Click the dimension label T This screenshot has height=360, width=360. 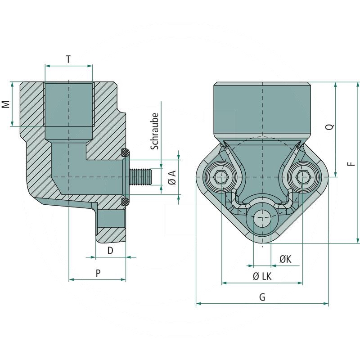pos(68,59)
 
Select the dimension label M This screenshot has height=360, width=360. pos(5,104)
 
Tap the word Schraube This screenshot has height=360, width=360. pos(154,131)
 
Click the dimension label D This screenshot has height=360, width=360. pos(110,250)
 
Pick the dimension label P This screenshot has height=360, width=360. pos(98,273)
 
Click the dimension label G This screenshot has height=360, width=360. pos(262,297)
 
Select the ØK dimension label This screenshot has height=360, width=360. pos(285,259)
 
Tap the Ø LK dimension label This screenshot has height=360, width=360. pos(262,276)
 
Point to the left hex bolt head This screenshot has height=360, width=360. pos(221,177)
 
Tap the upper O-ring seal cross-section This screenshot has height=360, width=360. pos(126,152)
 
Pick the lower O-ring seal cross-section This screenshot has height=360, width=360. pos(126,201)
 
